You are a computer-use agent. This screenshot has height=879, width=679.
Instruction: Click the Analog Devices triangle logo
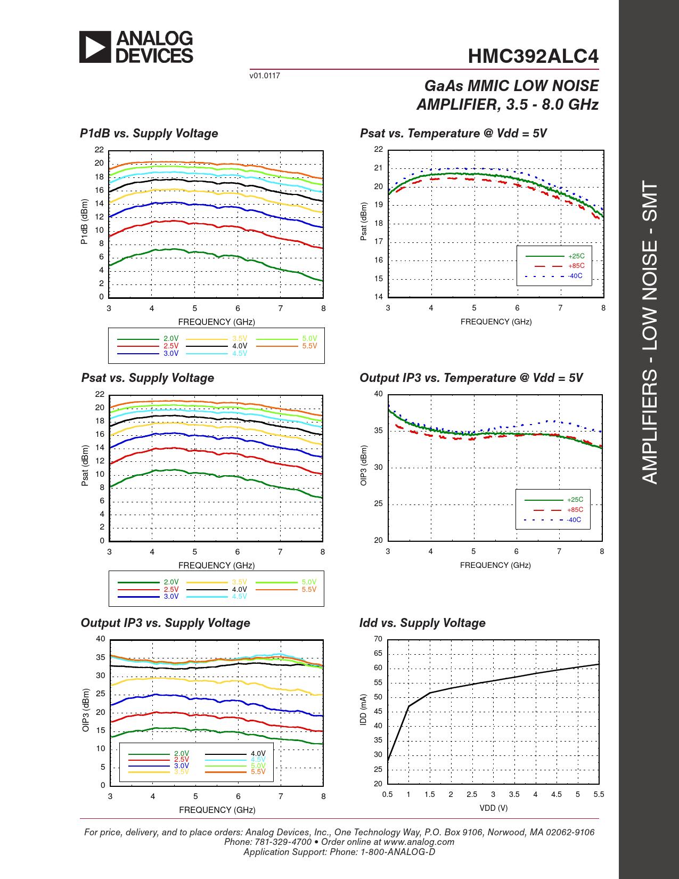[x=95, y=47]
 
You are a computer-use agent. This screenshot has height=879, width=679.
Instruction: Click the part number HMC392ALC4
[x=533, y=56]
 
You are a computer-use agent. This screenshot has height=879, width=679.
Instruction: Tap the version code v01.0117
[x=265, y=76]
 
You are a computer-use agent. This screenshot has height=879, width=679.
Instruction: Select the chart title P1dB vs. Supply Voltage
[x=149, y=133]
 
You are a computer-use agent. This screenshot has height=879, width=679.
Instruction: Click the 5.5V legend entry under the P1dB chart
[x=309, y=346]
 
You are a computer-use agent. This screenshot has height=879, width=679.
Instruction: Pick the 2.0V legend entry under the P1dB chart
[x=171, y=338]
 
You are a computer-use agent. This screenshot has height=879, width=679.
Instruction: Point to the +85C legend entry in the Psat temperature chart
[x=576, y=266]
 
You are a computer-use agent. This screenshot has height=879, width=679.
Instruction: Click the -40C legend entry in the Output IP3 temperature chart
[x=574, y=520]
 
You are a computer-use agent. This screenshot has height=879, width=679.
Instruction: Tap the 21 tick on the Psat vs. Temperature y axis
[x=379, y=168]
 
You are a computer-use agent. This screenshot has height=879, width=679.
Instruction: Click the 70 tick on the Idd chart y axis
[x=378, y=639]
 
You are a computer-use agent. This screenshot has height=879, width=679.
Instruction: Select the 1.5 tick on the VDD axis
[x=430, y=794]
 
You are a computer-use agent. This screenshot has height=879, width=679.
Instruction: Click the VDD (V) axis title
[x=494, y=808]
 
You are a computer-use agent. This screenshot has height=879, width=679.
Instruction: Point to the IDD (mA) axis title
[x=364, y=710]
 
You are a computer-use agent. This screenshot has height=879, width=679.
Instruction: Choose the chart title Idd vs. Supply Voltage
[x=422, y=623]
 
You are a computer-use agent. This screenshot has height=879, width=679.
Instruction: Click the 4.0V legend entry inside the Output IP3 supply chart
[x=258, y=754]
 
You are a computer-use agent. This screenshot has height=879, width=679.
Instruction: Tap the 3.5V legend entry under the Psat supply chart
[x=240, y=582]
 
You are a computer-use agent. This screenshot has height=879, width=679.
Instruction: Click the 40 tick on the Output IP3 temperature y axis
[x=378, y=394]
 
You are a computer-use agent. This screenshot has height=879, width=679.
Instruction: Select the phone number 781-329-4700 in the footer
[x=283, y=842]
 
